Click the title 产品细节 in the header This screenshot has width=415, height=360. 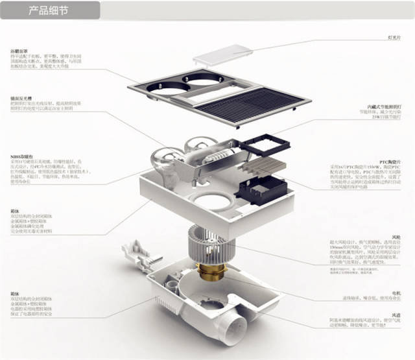(48, 11)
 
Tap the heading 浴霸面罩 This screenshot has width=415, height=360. (19, 51)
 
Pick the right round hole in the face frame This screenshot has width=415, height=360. (200, 77)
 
